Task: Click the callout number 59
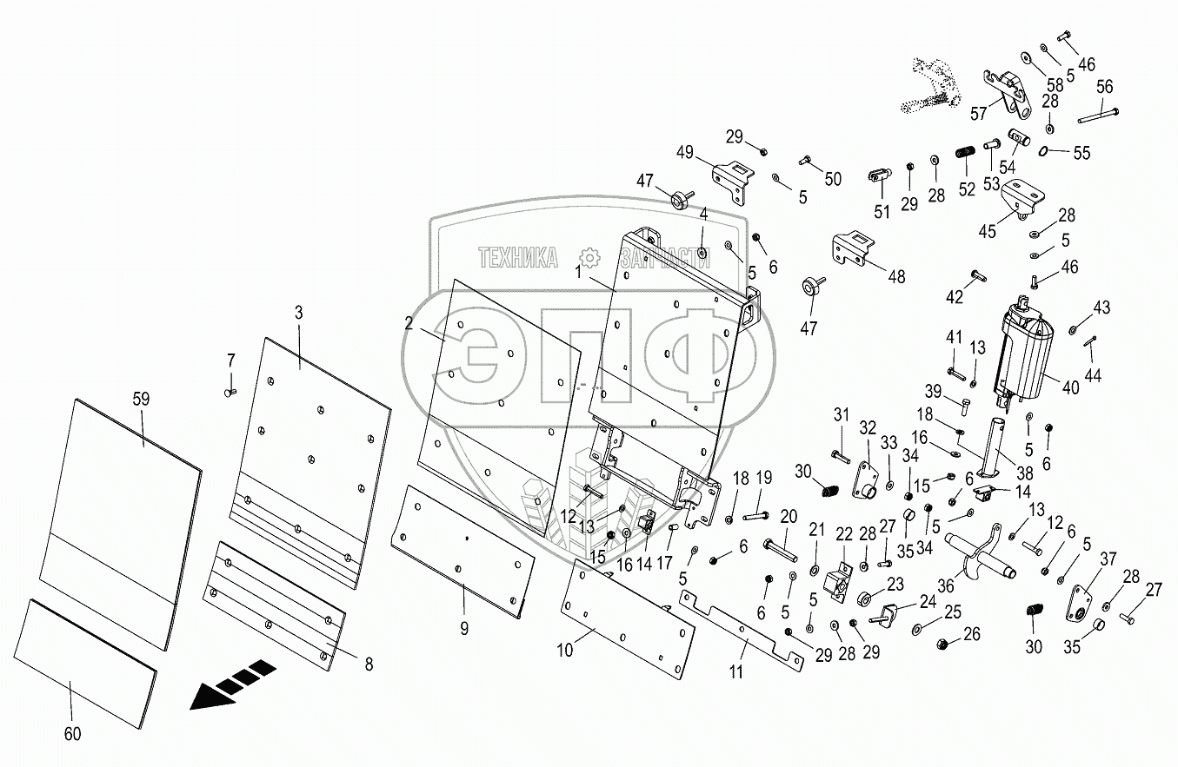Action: tap(141, 399)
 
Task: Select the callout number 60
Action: tap(72, 734)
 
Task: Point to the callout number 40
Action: tap(1069, 388)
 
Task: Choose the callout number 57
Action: tap(978, 113)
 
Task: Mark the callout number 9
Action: tap(464, 628)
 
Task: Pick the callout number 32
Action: tap(868, 426)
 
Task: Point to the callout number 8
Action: tap(369, 664)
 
